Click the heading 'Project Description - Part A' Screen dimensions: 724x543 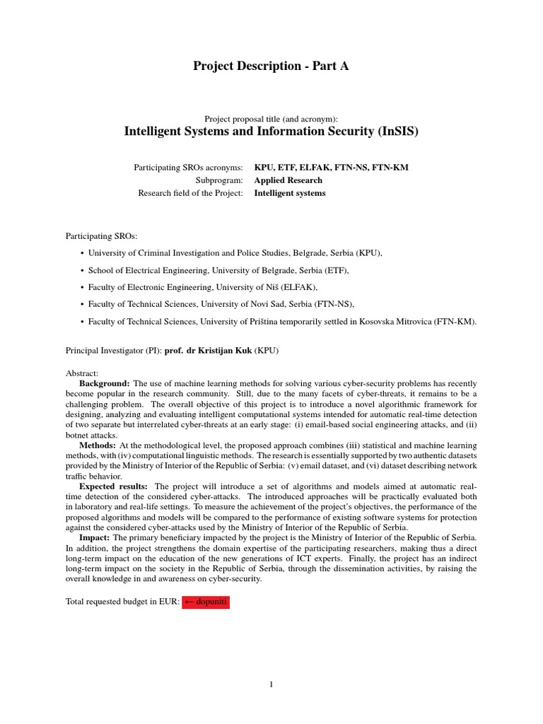[271, 66]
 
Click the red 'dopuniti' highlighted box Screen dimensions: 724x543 [206, 602]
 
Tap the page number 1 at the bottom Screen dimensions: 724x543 [271, 684]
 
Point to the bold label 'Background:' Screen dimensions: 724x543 [105, 383]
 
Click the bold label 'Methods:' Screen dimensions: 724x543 [98, 445]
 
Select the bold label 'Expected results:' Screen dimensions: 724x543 [113, 486]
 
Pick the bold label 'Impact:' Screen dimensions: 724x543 [93, 538]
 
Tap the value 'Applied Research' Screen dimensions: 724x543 [288, 180]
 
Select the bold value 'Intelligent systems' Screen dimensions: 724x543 [290, 193]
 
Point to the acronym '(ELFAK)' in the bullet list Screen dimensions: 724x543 [301, 287]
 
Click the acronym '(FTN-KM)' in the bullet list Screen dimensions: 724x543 [455, 322]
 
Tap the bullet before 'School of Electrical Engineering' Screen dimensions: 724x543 [82, 270]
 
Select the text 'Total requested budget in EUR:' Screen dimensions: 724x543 [122, 602]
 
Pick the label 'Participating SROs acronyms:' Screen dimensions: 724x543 [189, 168]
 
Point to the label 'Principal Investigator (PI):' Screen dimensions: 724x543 [113, 350]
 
